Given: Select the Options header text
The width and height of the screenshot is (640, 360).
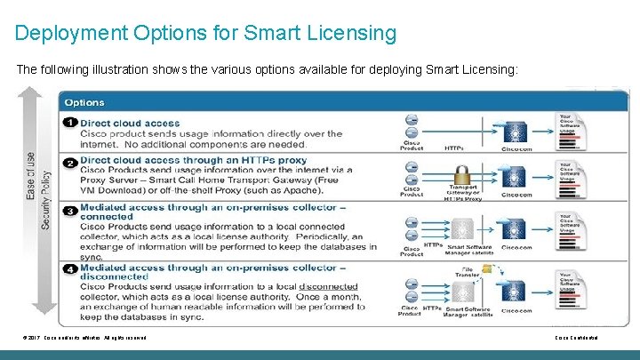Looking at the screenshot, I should point(84,103).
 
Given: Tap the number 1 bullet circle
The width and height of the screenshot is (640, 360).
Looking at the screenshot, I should point(68,122).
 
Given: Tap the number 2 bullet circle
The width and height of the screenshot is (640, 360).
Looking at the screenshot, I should point(68,162).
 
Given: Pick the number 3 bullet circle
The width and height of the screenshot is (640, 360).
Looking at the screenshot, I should point(68,210).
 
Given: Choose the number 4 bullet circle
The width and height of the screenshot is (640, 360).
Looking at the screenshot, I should point(68,268).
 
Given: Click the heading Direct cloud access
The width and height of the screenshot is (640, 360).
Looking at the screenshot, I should point(129,122).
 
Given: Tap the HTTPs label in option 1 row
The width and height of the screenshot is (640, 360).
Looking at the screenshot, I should point(453,148).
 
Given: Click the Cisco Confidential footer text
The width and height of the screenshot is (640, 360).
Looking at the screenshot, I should point(576,338).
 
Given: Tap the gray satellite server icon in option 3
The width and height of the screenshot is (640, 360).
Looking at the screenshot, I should point(468,228).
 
